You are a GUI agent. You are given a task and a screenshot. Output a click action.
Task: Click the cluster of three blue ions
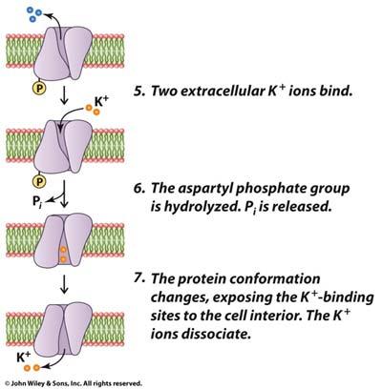(33, 13)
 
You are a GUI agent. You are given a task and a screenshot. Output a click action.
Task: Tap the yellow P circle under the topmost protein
(39, 89)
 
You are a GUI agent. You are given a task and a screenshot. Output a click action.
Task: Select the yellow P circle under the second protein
(39, 181)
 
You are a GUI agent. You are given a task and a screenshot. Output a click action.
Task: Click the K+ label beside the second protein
(101, 102)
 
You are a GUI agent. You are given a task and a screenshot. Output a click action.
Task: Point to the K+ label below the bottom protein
(23, 358)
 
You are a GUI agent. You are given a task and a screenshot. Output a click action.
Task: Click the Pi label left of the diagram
(37, 201)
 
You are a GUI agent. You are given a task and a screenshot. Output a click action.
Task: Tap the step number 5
(138, 92)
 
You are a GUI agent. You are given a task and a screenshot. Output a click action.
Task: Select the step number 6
(139, 189)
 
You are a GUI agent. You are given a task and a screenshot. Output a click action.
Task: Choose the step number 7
(139, 278)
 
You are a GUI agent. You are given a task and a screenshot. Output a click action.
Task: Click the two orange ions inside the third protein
(63, 255)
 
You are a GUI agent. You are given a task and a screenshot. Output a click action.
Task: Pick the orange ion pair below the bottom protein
(32, 368)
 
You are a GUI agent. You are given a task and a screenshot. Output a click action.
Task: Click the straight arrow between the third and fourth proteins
(64, 284)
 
